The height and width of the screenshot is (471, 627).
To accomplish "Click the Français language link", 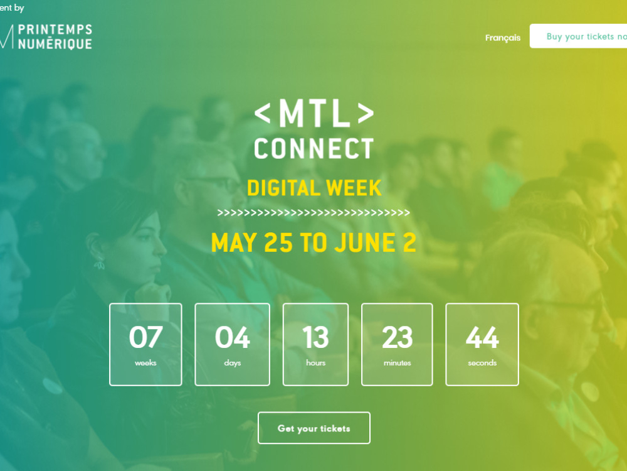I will click(x=502, y=38).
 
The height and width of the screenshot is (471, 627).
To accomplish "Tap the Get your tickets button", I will click(x=313, y=428).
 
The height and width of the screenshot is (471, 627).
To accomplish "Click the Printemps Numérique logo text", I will click(x=55, y=37).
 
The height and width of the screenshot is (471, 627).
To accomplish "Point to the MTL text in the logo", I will click(x=313, y=113).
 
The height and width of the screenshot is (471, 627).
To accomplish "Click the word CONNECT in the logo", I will click(x=313, y=149).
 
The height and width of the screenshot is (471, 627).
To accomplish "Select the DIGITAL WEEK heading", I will click(x=313, y=187).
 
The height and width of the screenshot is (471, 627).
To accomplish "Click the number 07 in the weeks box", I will click(x=145, y=337).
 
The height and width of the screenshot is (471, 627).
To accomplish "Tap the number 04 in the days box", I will click(x=232, y=337).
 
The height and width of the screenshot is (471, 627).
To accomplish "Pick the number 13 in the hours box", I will click(x=315, y=337).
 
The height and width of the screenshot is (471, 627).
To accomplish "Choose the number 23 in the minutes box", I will click(x=397, y=337).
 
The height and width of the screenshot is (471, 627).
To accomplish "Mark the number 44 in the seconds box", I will click(x=482, y=337).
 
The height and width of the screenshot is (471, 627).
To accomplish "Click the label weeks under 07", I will click(x=145, y=363).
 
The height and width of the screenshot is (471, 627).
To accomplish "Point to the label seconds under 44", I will click(x=482, y=363).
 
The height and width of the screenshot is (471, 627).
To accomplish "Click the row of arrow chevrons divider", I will click(x=313, y=213).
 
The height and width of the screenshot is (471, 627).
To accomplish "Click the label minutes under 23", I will click(x=397, y=363).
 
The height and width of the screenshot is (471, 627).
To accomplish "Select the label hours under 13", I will click(x=315, y=363).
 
